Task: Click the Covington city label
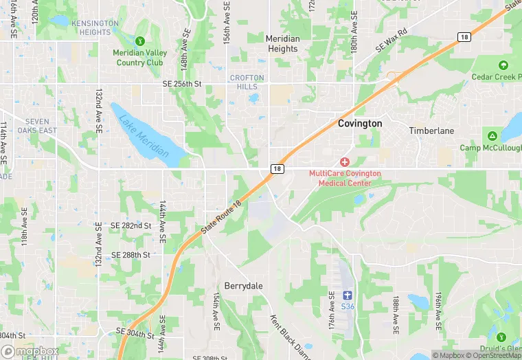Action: (x=360, y=124)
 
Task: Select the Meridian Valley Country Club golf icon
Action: (x=140, y=41)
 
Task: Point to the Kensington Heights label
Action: (x=95, y=27)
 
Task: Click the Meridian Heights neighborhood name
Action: (x=282, y=44)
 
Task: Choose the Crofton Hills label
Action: (x=247, y=82)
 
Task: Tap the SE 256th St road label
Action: (x=182, y=84)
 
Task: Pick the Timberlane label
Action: (x=432, y=131)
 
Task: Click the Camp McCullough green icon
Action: (x=492, y=135)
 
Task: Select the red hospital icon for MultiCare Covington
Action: (x=345, y=161)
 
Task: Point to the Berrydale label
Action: (x=244, y=285)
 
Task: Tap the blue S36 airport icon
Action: (x=347, y=295)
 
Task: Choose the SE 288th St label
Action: (x=130, y=255)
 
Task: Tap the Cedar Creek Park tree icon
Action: (x=503, y=66)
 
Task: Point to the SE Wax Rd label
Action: (x=391, y=41)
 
